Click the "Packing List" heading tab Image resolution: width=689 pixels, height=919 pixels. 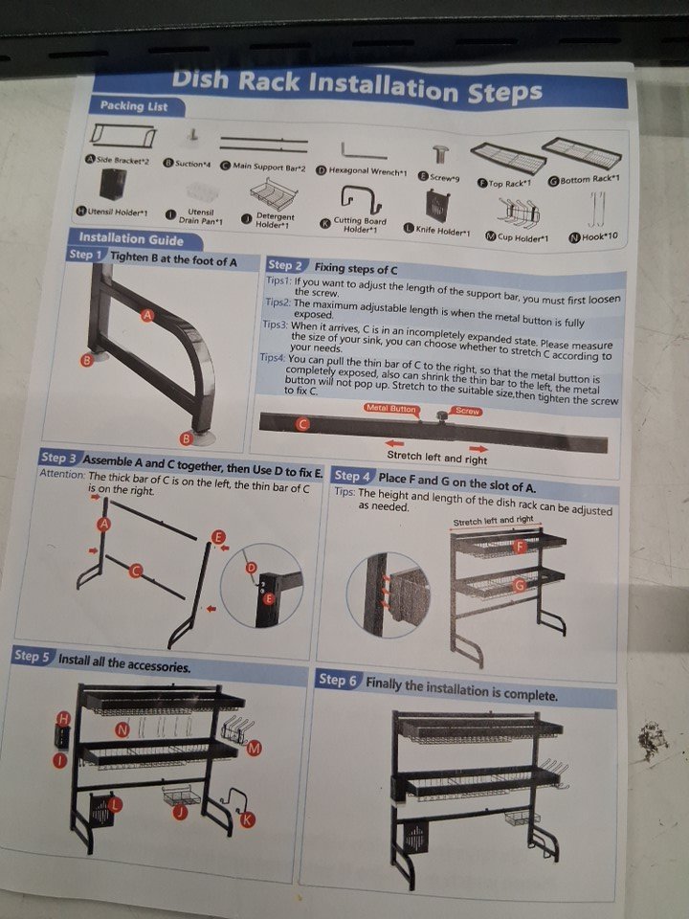pos(134,106)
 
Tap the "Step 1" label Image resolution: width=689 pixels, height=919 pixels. pos(86,255)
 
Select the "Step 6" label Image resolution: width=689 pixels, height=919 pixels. pos(337,681)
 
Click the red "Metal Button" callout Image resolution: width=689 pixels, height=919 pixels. pos(390,409)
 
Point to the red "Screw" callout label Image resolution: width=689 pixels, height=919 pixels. pos(467,411)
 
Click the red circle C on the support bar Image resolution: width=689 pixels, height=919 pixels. pos(302,424)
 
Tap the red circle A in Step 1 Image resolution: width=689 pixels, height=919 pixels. pos(147,315)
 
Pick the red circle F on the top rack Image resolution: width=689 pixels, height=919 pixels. pos(519,547)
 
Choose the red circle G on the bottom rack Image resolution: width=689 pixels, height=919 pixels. pos(519,585)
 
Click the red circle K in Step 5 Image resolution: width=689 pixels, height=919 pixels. pos(248,818)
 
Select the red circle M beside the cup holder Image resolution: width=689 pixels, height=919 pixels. pos(255,748)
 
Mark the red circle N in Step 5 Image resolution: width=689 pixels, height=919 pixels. pos(122,729)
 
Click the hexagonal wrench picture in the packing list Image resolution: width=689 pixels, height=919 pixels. pos(364,151)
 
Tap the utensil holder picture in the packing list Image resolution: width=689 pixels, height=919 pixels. pos(113,184)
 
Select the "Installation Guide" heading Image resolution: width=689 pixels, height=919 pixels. pos(131,238)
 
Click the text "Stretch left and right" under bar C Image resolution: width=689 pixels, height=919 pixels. pos(437,458)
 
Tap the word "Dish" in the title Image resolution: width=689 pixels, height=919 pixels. pos(200,79)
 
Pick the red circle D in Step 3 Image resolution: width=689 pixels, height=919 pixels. pos(251,568)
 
